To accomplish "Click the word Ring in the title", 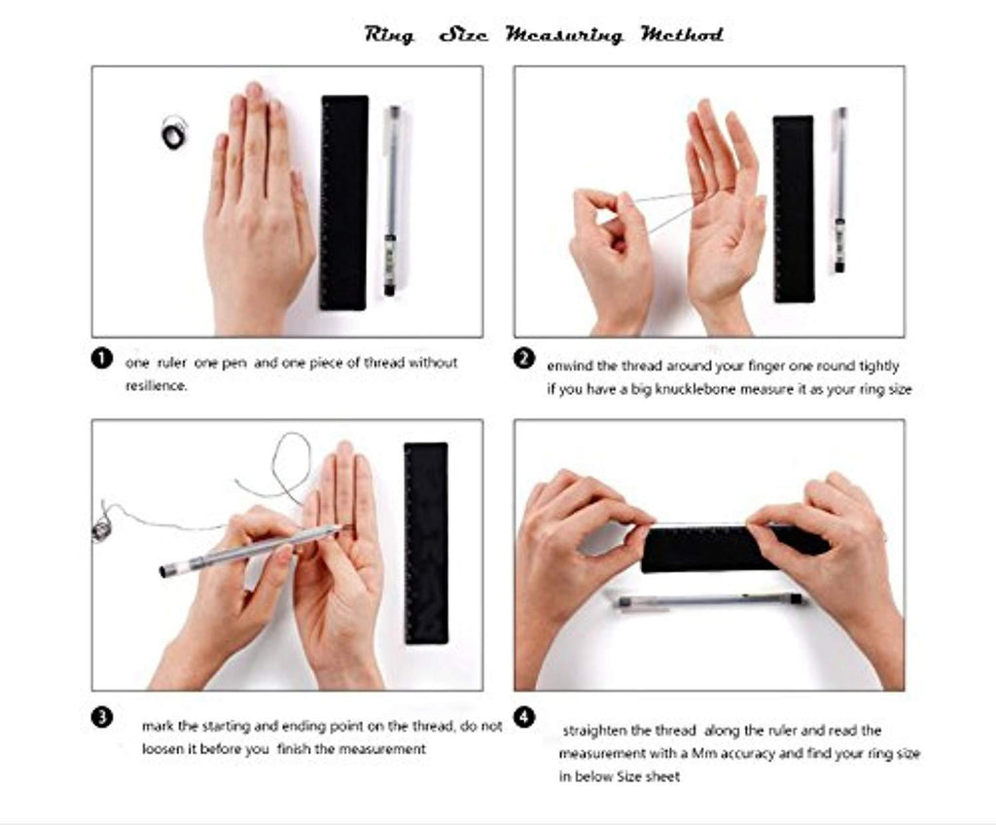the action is point(389,34).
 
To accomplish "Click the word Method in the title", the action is point(682,33).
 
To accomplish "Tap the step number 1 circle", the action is point(101,358).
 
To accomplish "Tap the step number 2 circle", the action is point(523,358).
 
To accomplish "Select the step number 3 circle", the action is point(101,718).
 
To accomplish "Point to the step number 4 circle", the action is point(523,718).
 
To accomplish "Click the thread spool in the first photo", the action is point(174,133).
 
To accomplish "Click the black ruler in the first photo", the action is point(343,202).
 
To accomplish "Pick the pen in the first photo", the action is point(391,200).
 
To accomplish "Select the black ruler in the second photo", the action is point(794,209).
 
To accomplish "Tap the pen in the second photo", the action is point(839,190).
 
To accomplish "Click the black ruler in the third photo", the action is point(426,543).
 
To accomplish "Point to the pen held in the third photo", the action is point(252,551).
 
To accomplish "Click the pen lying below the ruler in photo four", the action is point(710,600).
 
